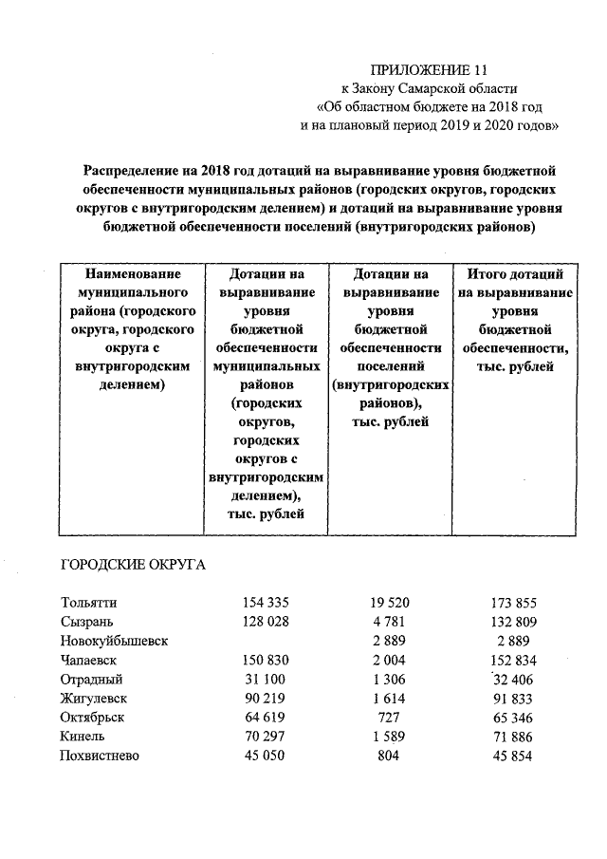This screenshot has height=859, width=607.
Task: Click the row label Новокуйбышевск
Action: point(114,641)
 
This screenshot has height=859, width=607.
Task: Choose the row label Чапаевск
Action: point(90,661)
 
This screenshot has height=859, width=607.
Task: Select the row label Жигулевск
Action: point(93,699)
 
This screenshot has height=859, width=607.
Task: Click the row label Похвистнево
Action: point(99,756)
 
